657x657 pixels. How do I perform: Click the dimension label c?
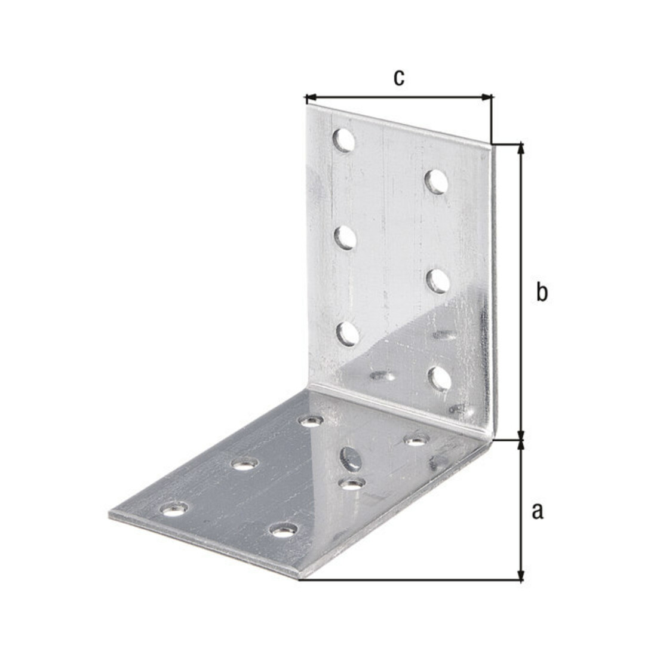(399, 78)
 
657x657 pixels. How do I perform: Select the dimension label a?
(537, 511)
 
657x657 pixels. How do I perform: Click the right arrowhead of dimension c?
(487, 98)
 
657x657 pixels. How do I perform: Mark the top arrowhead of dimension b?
(521, 148)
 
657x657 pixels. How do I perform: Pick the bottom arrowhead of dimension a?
(521, 575)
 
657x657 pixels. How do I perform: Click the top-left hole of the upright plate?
(343, 140)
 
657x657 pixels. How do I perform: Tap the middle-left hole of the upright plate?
(345, 238)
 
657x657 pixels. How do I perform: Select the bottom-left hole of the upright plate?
(348, 333)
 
